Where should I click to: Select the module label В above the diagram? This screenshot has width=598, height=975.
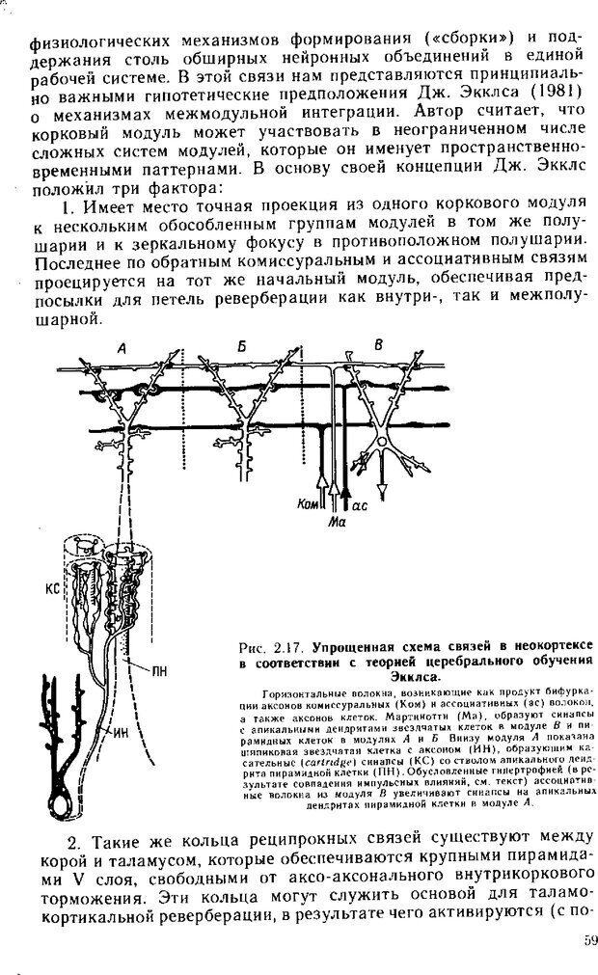point(378,345)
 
